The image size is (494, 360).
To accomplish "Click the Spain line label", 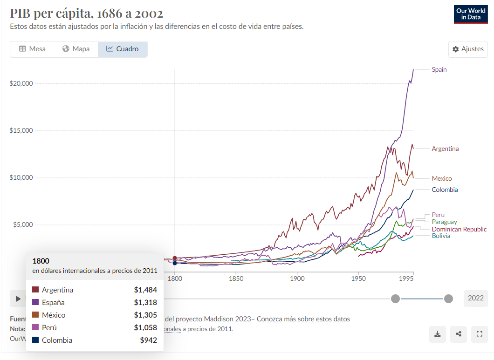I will [439, 69].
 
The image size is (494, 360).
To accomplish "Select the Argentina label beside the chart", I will [445, 149].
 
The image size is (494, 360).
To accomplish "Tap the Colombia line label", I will [445, 190].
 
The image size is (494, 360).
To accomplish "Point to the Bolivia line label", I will [441, 236].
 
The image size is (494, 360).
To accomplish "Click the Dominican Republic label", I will [459, 229].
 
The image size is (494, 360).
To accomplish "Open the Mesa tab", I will [32, 49].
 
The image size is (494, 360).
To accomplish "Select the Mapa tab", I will [76, 49].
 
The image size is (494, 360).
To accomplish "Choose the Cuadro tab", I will [122, 49].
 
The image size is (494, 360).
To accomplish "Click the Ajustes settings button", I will [468, 49].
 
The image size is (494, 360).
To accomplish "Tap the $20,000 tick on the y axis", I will [21, 83].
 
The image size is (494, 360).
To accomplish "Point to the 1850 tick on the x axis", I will [236, 279].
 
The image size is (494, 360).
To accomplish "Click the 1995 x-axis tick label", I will [407, 279].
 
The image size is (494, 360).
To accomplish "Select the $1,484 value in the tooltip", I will [145, 290].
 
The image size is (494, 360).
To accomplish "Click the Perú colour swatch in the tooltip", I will [35, 327].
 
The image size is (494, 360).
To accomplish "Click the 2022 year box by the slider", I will [475, 299].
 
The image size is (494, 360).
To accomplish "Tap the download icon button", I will [438, 334].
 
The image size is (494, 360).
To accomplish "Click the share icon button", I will [459, 334].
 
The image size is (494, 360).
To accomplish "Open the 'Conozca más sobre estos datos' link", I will [303, 319].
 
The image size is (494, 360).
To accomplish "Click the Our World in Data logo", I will [470, 14].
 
